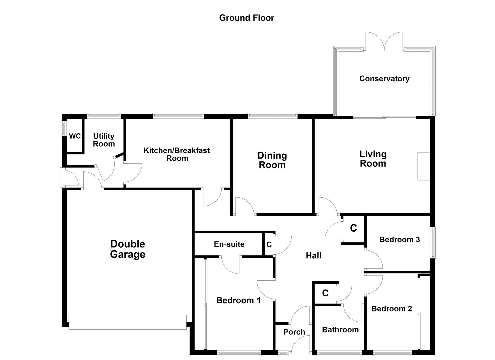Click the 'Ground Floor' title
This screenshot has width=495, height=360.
click(x=246, y=18)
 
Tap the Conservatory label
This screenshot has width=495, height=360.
click(x=384, y=79)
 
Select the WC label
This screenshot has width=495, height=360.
click(x=75, y=136)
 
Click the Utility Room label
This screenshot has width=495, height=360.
click(x=104, y=140)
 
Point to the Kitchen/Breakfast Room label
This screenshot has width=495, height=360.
click(x=177, y=154)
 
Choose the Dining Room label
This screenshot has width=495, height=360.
click(x=272, y=160)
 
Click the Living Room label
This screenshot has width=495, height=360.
click(x=373, y=159)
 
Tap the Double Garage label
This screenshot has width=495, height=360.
click(x=128, y=249)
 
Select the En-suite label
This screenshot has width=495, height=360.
click(x=229, y=244)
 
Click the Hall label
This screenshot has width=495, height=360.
click(x=313, y=256)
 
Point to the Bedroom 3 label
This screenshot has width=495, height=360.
click(x=399, y=239)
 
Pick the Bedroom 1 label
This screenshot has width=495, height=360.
click(x=238, y=300)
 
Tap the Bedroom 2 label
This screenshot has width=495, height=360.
click(x=391, y=309)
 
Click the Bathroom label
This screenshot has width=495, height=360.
click(x=340, y=330)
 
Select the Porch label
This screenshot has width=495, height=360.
click(x=294, y=332)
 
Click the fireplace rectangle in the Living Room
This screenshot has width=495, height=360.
click(x=424, y=166)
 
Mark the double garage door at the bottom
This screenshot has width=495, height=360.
click(x=128, y=322)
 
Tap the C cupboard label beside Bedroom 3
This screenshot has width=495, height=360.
click(x=353, y=228)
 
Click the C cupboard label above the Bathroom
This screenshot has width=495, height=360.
click(x=325, y=293)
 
